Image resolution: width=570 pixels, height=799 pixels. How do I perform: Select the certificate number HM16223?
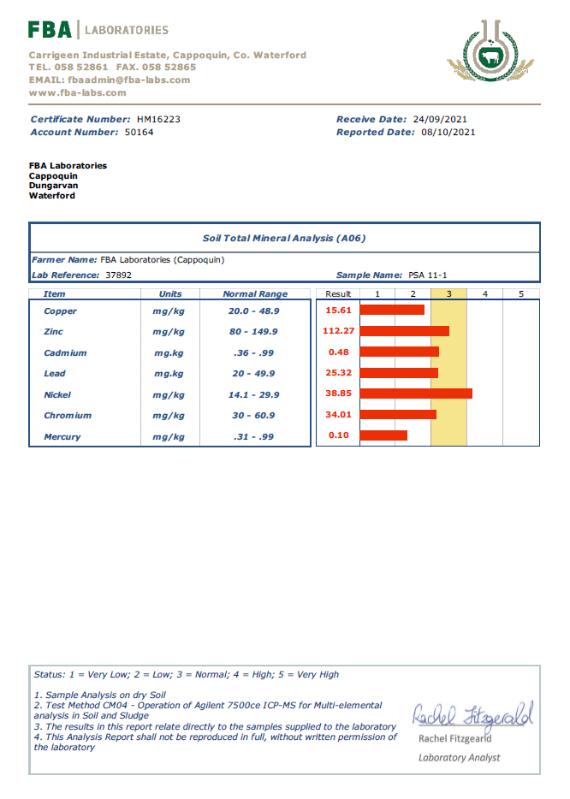(x=158, y=120)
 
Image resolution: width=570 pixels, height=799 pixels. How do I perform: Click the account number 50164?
(x=139, y=133)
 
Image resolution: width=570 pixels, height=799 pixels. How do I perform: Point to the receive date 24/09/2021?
(x=439, y=120)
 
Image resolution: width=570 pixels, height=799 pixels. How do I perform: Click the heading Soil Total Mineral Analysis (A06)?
(x=284, y=238)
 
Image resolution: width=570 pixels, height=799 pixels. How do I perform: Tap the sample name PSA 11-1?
(x=426, y=275)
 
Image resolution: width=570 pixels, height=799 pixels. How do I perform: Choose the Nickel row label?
(x=57, y=395)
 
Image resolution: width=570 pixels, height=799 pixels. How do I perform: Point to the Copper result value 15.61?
(x=340, y=311)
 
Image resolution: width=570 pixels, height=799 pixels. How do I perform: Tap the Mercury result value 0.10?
(x=338, y=435)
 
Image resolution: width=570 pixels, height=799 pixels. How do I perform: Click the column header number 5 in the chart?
(x=520, y=294)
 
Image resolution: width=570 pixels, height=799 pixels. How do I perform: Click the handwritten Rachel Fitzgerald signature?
(x=472, y=713)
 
